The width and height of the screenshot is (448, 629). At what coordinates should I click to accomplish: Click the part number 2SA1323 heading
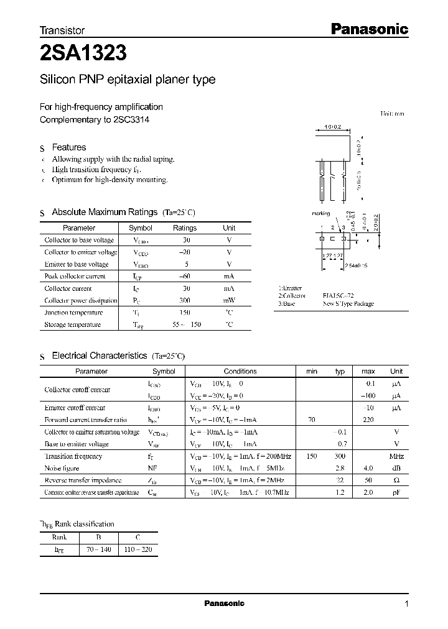tap(84, 54)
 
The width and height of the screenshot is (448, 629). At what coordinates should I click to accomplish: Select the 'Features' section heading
tap(68, 147)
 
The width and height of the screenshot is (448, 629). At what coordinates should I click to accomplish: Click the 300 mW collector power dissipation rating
tap(184, 300)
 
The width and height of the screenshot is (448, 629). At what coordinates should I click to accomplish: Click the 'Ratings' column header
tap(184, 228)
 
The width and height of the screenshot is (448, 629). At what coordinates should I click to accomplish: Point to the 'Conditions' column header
tap(240, 371)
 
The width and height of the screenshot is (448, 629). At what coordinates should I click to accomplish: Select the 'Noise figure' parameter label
tap(62, 468)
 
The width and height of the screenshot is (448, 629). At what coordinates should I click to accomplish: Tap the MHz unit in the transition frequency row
tap(396, 456)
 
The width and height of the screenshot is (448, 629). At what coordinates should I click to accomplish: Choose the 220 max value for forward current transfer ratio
tap(368, 420)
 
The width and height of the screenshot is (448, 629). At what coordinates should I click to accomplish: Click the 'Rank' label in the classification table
tap(59, 537)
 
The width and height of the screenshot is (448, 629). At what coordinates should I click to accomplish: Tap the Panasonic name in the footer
tap(225, 604)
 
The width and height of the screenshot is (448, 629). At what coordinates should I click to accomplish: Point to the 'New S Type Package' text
tap(348, 304)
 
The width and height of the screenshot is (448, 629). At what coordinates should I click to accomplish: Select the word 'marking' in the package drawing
tap(320, 213)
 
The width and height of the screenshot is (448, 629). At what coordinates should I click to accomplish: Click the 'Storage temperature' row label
tap(72, 324)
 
